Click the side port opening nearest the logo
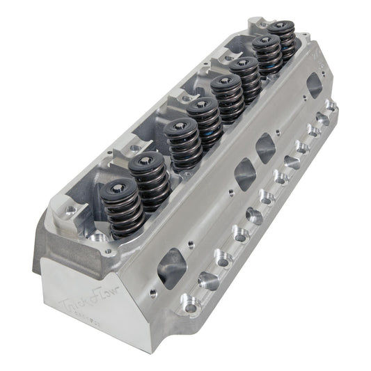point(173,266)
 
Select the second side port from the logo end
point(245,172)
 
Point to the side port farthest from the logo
point(314,86)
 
